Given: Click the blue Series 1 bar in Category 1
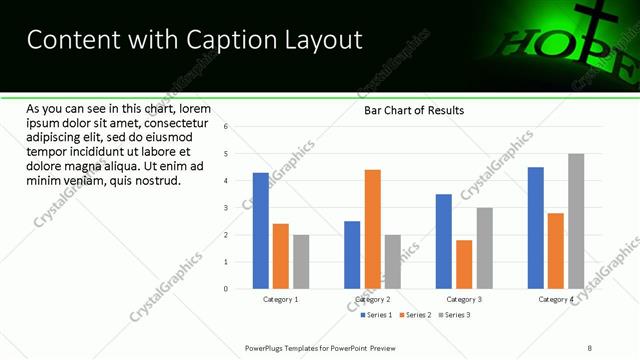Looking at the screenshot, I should pos(261,231).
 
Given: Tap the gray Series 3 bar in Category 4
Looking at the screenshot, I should pos(576,221).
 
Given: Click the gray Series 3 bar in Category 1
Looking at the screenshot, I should pos(301,262).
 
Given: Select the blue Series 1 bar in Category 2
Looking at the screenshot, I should pos(352,255).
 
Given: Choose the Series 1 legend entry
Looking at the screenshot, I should pos(376,315).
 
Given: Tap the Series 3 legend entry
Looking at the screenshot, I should pos(455,315).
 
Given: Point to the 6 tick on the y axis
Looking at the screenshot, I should pos(227,127).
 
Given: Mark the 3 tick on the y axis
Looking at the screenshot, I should pos(227,208).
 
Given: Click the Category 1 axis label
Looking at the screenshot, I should pos(281,299).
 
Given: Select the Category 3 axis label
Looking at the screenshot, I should pos(464,299).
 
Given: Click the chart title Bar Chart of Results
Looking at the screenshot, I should pos(413,110).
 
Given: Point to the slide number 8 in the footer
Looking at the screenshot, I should pos(590,348).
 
